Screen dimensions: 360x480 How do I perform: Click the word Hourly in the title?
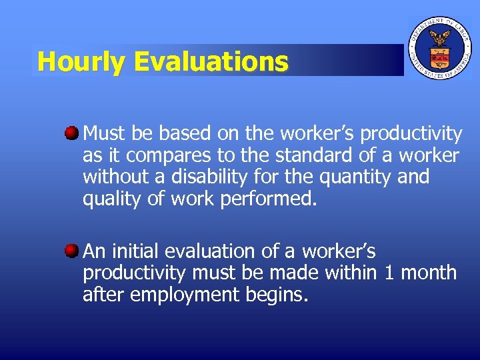click(81, 62)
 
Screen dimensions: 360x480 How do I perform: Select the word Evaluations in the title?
click(211, 62)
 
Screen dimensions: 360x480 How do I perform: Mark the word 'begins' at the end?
click(276, 295)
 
